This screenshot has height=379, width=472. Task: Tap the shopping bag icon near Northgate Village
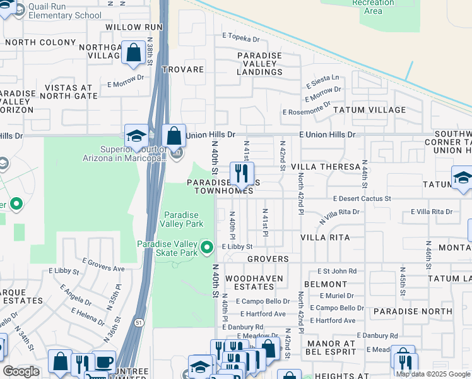click(x=134, y=54)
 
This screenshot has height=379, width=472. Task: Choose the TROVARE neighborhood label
click(x=182, y=69)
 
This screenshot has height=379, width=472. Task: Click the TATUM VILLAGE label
click(x=379, y=110)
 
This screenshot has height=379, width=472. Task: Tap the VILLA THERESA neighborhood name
click(x=325, y=167)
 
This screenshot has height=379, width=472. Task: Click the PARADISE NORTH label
click(x=412, y=311)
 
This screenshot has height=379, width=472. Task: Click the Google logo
click(x=21, y=371)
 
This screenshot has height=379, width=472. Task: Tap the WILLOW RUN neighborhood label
click(x=134, y=27)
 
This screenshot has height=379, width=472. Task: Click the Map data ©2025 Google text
click(x=432, y=374)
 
